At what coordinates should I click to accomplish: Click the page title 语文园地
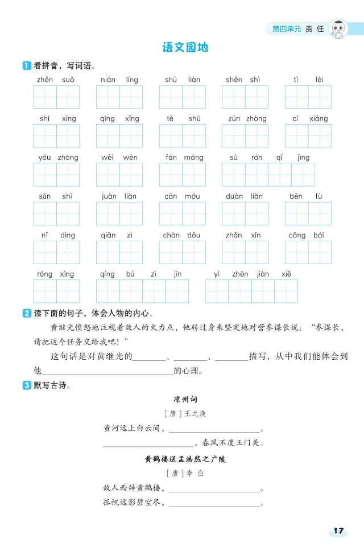[x=185, y=47]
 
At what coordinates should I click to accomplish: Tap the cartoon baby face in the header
[x=338, y=28]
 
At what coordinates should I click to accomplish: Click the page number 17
[x=338, y=530]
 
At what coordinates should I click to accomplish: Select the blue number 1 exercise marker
[x=27, y=65]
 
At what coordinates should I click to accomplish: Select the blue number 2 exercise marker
[x=27, y=313]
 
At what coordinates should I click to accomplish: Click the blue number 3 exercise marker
[x=27, y=385]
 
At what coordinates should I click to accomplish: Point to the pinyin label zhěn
[x=45, y=80]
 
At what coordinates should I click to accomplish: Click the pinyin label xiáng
[x=318, y=118]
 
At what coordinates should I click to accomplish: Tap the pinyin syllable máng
[x=194, y=158]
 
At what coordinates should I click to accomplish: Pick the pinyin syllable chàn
[x=171, y=235]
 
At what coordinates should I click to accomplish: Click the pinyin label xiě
[x=286, y=274]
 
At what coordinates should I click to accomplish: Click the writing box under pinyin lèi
[x=320, y=97]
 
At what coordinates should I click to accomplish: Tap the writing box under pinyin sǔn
[x=45, y=213]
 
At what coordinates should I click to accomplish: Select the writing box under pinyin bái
[x=320, y=252]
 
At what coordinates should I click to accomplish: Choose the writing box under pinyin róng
[x=45, y=291]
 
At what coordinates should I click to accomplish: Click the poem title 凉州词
[x=185, y=399]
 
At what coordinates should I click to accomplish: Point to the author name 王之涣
[x=195, y=414]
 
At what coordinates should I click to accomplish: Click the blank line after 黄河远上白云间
[x=214, y=432]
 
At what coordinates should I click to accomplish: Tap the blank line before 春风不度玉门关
[x=148, y=446]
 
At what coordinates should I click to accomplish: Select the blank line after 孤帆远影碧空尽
[x=214, y=506]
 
